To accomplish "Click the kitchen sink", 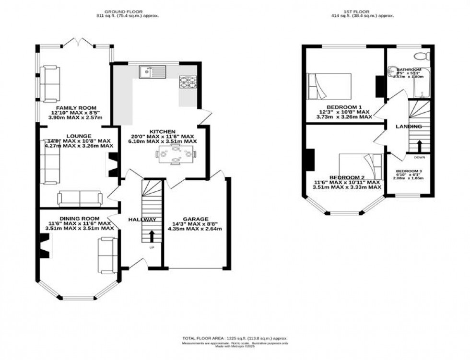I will (x=152, y=72).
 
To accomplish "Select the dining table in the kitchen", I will (x=176, y=155).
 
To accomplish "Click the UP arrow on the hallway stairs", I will (x=152, y=235).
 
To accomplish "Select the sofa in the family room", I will (x=50, y=84).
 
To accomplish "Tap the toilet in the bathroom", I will (x=423, y=55).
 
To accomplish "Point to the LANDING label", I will (x=408, y=127).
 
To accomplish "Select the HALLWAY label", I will (x=142, y=220).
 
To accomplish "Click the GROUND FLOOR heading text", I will (x=127, y=12).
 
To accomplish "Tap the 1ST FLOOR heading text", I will (x=364, y=12).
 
